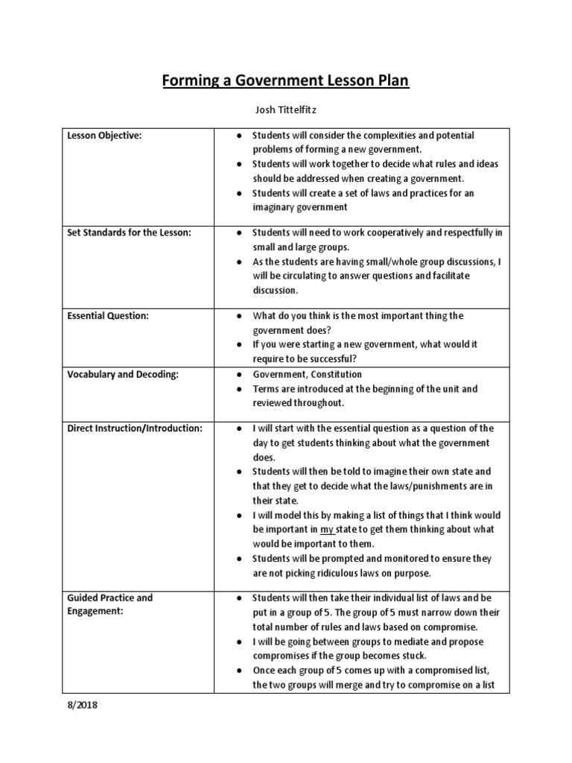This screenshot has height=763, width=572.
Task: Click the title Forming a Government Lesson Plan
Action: [286, 80]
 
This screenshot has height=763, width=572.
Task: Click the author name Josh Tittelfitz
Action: [285, 110]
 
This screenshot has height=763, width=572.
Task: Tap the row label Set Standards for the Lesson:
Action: [129, 232]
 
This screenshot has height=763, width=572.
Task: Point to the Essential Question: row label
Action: [108, 316]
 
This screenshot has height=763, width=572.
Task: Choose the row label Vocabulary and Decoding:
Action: [123, 374]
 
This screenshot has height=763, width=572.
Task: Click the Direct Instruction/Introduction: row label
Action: [135, 428]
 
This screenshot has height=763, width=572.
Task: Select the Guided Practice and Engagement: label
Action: [109, 604]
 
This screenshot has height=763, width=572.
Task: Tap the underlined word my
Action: [327, 530]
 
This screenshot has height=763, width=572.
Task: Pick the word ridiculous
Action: [340, 573]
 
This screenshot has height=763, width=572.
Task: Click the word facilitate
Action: [450, 276]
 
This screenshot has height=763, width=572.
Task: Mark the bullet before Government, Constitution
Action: [236, 375]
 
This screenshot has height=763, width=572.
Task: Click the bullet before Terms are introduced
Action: [236, 389]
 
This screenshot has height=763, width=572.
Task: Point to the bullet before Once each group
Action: [236, 671]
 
